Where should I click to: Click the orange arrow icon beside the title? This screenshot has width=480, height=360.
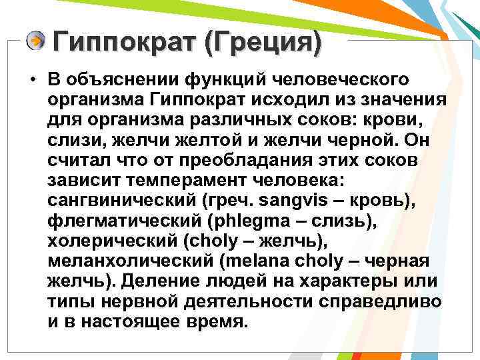(36, 41)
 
